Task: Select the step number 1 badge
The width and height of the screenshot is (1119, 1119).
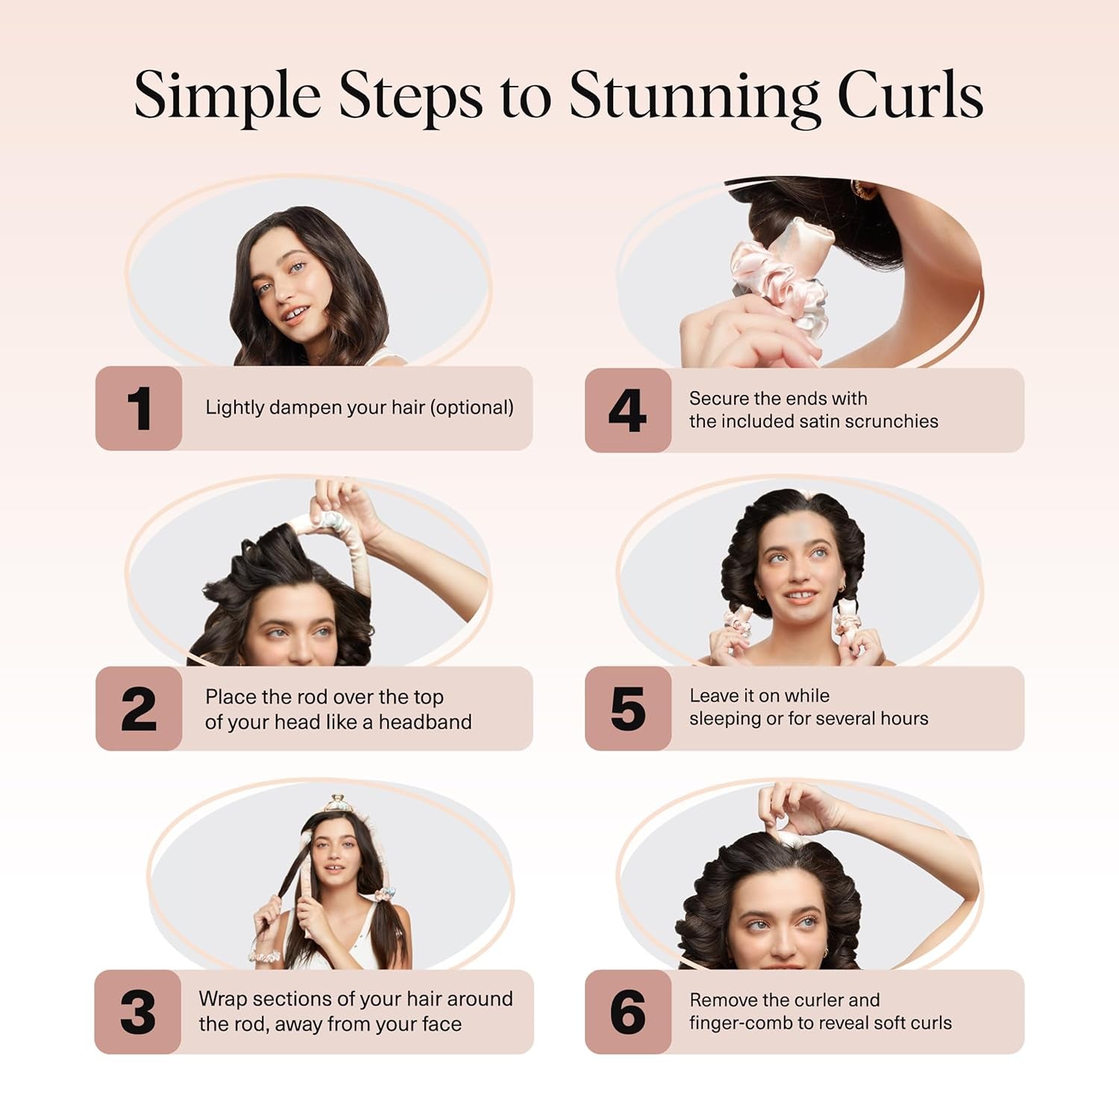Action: (x=139, y=408)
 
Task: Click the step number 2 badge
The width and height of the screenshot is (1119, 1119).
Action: (x=139, y=709)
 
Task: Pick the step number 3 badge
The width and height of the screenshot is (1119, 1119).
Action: (x=138, y=1012)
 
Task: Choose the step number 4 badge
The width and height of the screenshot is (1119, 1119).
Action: (x=627, y=410)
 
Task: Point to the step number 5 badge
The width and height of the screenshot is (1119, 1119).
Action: (x=627, y=709)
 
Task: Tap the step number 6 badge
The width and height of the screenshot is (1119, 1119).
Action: (x=627, y=1012)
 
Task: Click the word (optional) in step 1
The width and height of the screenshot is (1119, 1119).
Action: (x=473, y=407)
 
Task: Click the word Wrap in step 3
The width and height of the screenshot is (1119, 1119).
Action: (x=222, y=999)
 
